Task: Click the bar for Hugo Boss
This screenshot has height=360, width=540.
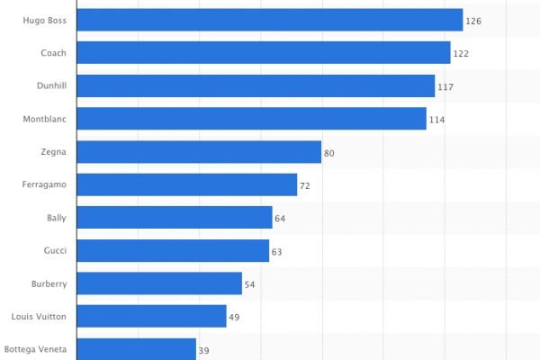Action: pyautogui.click(x=270, y=20)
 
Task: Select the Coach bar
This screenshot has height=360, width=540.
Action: pyautogui.click(x=264, y=53)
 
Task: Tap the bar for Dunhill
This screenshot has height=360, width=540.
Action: pyautogui.click(x=256, y=86)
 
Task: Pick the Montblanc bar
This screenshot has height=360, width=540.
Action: pyautogui.click(x=252, y=119)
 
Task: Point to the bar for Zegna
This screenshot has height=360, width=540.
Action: pyautogui.click(x=200, y=152)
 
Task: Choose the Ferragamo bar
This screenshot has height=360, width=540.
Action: pyautogui.click(x=187, y=184)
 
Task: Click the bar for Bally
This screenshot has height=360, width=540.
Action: pyautogui.click(x=175, y=218)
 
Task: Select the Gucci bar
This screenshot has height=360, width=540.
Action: pyautogui.click(x=173, y=251)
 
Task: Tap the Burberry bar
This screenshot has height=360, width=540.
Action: pyautogui.click(x=159, y=283)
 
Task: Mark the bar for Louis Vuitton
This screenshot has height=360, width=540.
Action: pyautogui.click(x=151, y=316)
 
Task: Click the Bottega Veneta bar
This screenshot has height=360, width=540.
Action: pyautogui.click(x=137, y=349)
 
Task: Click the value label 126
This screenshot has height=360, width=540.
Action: pyautogui.click(x=474, y=21)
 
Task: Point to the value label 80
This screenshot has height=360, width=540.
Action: pyautogui.click(x=329, y=153)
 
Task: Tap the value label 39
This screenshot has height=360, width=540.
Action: pyautogui.click(x=204, y=350)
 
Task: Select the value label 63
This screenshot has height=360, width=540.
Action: pyautogui.click(x=277, y=252)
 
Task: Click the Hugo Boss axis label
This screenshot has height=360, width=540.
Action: pyautogui.click(x=45, y=20)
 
